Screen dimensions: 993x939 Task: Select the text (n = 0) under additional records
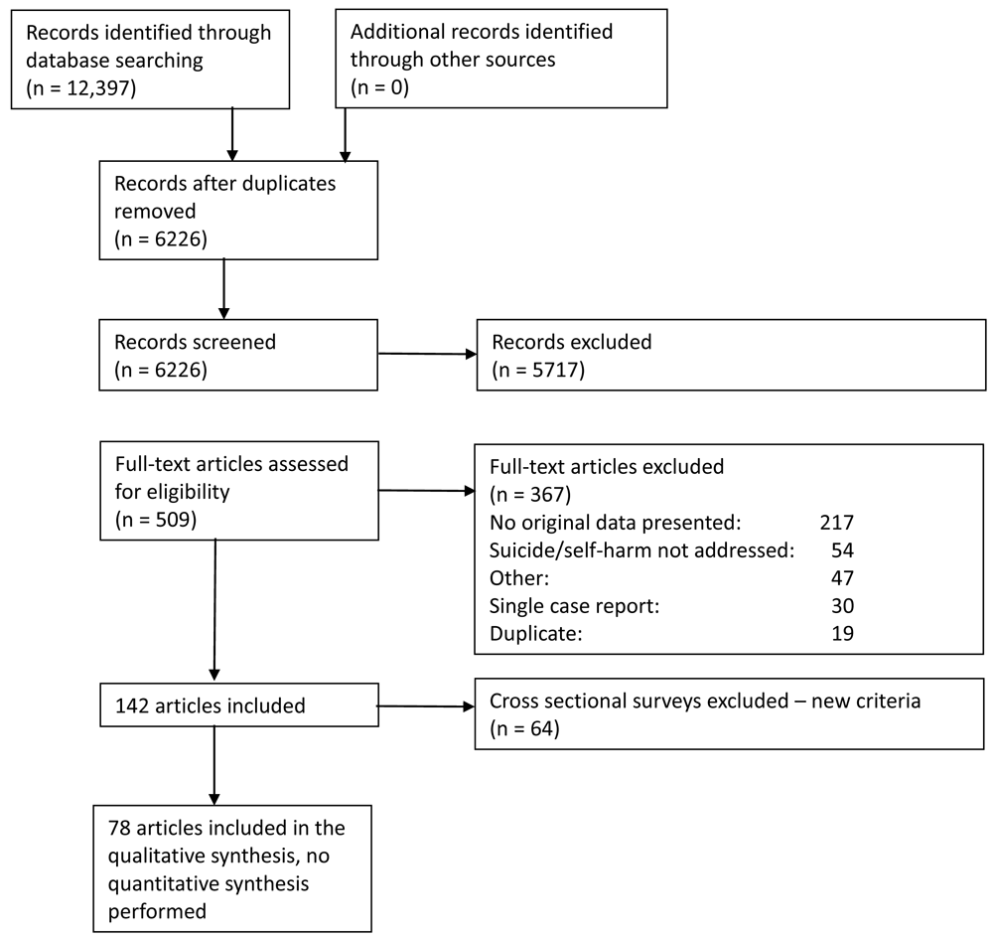(379, 86)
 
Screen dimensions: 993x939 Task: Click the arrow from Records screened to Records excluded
(427, 354)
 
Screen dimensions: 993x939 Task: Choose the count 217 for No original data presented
(836, 522)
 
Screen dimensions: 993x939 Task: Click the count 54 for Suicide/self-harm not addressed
(842, 549)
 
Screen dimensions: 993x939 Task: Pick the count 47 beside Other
(842, 578)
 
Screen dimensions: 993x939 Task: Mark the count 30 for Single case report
(842, 606)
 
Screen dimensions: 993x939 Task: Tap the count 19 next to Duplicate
(842, 633)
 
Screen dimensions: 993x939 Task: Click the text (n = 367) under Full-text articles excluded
(530, 494)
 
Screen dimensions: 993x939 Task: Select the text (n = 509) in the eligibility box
(156, 520)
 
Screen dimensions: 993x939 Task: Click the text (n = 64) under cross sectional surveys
(524, 728)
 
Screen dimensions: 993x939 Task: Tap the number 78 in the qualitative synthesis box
(119, 828)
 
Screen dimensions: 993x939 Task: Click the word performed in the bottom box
(157, 912)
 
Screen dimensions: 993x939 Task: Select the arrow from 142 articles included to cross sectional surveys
(426, 706)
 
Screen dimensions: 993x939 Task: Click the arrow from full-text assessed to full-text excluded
(426, 491)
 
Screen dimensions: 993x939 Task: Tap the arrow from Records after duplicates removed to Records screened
(223, 289)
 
